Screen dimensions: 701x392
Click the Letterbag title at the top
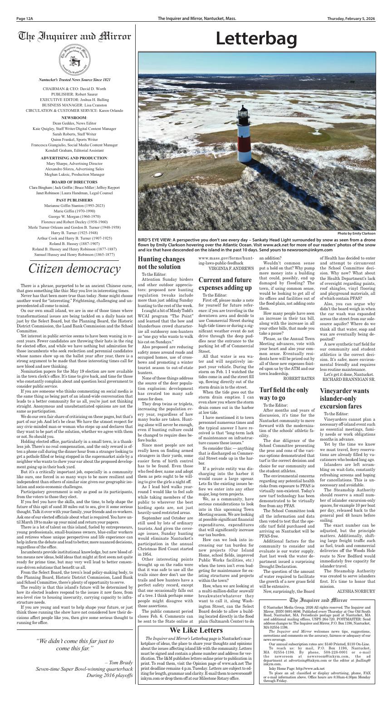pyautogui.click(x=256, y=39)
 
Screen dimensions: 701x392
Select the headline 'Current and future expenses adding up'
pyautogui.click(x=225, y=283)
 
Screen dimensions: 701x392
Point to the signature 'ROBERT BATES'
pyautogui.click(x=299, y=378)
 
